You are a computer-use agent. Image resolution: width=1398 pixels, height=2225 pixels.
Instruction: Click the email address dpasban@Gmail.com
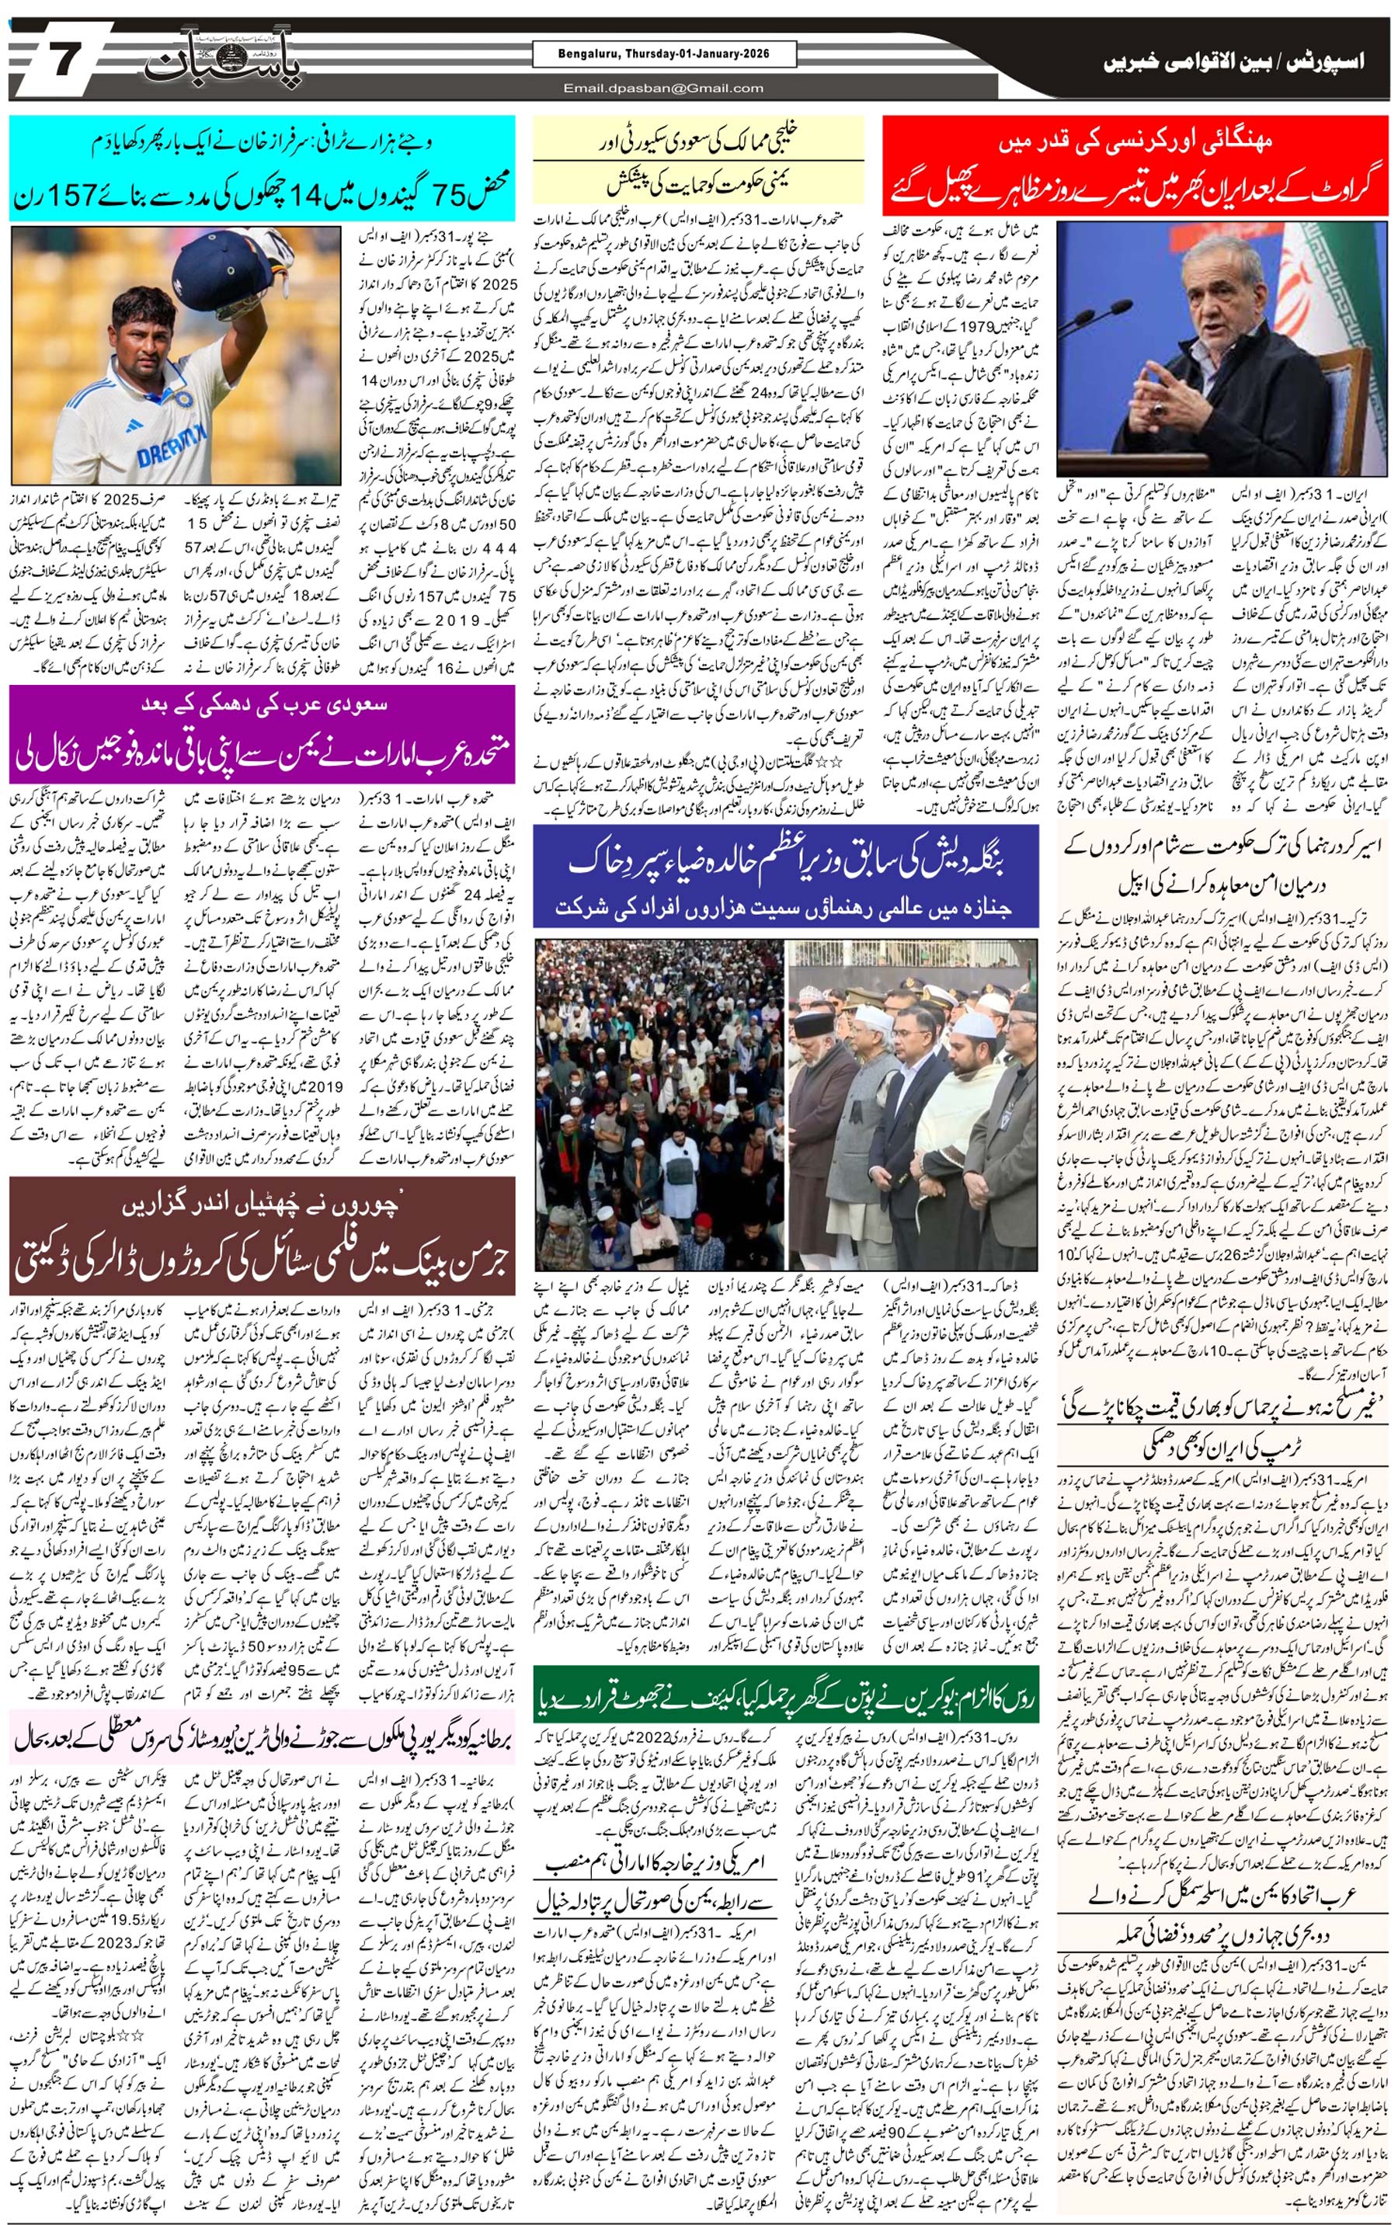[664, 89]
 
